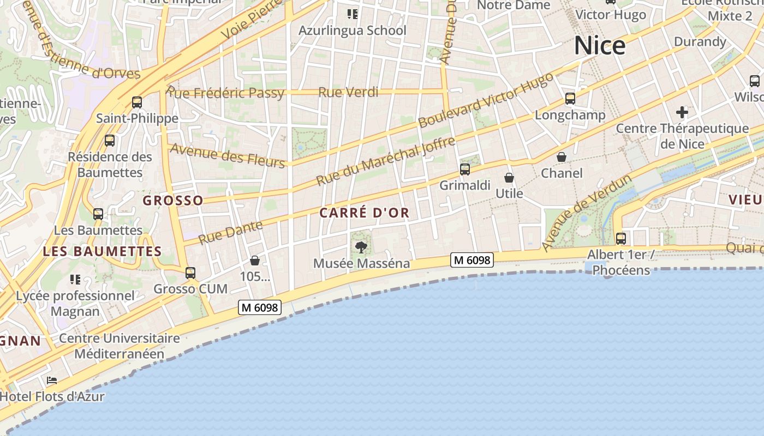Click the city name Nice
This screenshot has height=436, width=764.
[599, 45]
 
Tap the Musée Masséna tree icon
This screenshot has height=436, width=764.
[361, 247]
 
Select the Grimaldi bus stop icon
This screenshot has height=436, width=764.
[465, 169]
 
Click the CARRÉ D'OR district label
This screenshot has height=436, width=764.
[364, 213]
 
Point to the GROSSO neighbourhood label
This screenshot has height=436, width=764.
[173, 201]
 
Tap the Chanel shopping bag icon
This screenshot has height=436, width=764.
[562, 158]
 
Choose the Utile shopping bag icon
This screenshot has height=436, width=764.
[509, 178]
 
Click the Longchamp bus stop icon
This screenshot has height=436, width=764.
[570, 99]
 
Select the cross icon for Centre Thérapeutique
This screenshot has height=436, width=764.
[682, 113]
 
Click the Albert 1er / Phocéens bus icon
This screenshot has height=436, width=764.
[621, 238]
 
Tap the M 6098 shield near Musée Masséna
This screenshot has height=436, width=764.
[472, 260]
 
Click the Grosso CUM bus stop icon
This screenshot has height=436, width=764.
[190, 272]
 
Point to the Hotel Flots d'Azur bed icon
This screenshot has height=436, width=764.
[52, 380]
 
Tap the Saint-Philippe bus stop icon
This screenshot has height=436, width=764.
[137, 102]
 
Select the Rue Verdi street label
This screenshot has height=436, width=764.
[348, 92]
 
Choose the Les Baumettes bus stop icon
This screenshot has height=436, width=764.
[98, 214]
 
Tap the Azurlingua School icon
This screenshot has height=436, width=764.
[352, 14]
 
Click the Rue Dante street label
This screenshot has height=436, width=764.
[230, 232]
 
